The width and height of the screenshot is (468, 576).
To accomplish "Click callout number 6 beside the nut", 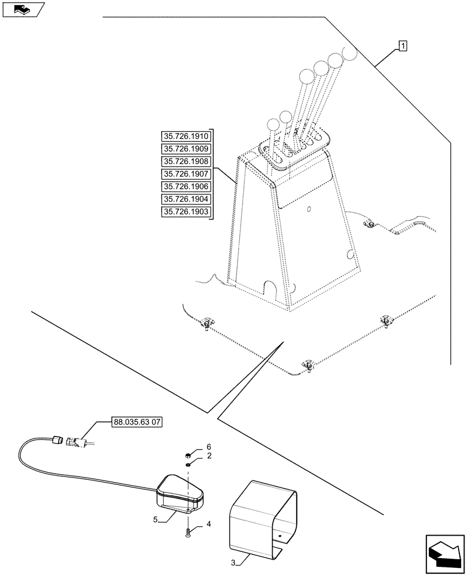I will coord(209,447).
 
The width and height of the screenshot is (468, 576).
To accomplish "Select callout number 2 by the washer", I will coord(209,456).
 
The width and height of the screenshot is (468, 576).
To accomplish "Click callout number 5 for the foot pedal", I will coord(156,519).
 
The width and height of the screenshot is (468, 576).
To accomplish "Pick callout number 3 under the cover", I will coord(233,562).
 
